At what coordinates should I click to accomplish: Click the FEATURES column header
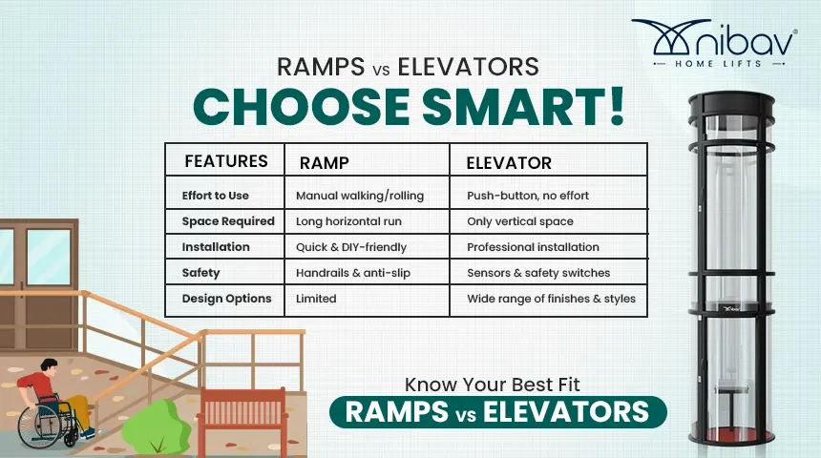click(x=225, y=161)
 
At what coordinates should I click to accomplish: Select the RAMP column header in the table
click(x=325, y=163)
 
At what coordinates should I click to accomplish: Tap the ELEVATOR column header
click(x=509, y=163)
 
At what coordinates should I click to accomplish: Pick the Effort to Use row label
click(x=216, y=196)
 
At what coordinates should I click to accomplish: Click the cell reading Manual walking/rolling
click(x=360, y=196)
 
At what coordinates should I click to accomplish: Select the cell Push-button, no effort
click(x=528, y=196)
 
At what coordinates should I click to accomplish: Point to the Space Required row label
click(x=228, y=221)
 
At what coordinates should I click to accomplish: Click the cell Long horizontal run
click(x=348, y=221)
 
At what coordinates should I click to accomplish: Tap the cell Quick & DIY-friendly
click(x=351, y=247)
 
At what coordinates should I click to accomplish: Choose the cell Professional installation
click(x=533, y=247)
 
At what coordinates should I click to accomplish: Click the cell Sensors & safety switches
click(x=538, y=273)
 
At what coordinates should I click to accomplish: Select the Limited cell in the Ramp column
click(x=316, y=299)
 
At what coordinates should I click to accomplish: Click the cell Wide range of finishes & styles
click(x=551, y=299)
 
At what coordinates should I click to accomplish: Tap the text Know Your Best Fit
click(x=493, y=386)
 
